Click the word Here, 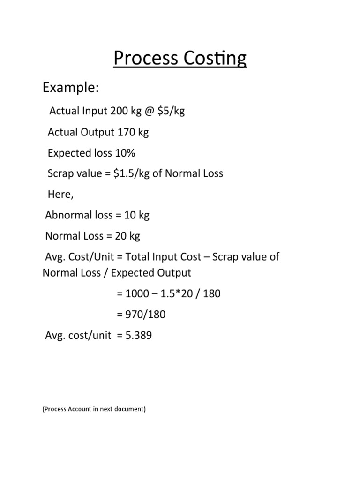[61, 194]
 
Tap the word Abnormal [65, 215]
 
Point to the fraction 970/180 [145, 315]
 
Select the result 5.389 [137, 336]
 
